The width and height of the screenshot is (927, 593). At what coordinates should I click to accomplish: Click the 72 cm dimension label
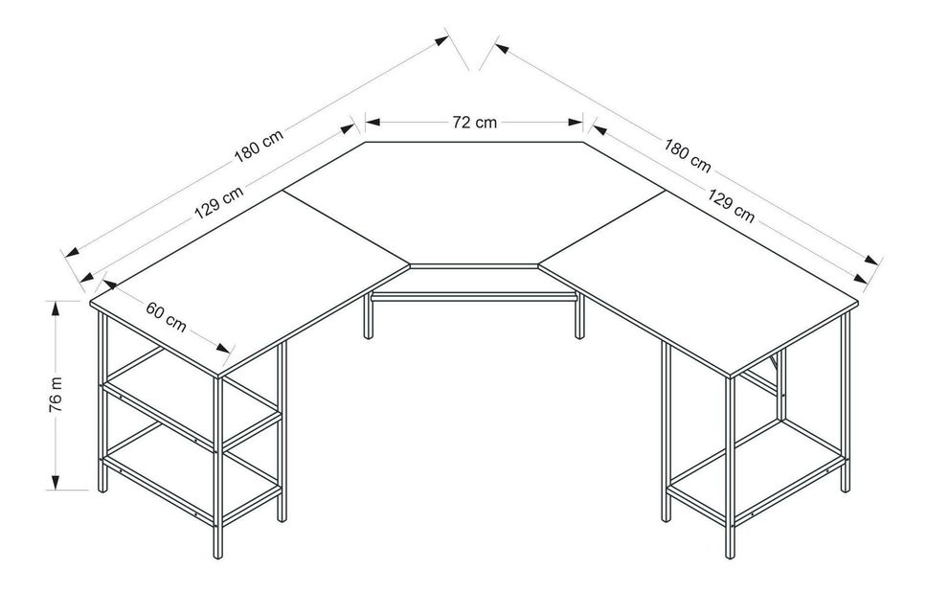point(475,123)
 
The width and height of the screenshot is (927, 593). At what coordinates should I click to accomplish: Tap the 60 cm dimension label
point(166,317)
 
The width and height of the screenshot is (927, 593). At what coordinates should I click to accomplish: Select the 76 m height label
point(56,395)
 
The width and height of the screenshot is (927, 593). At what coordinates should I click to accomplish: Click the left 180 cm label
point(259,146)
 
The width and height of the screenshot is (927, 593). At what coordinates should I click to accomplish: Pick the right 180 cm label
point(687,155)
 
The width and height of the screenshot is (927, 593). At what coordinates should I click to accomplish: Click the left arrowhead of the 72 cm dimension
point(373,123)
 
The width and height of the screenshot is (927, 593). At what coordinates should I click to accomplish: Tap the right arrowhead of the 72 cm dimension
point(576,123)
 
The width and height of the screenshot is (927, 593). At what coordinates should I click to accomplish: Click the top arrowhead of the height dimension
point(56,309)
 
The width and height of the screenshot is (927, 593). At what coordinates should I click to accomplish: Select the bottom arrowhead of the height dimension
point(56,482)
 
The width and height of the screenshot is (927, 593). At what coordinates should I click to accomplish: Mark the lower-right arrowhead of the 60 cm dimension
point(223,349)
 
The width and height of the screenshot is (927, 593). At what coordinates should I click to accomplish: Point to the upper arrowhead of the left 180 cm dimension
point(442,40)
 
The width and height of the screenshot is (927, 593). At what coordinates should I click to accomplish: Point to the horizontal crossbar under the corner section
point(473,296)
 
